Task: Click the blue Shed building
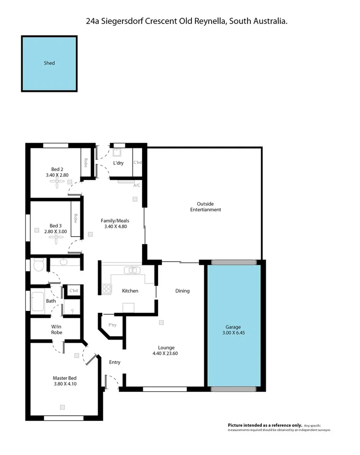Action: [x=49, y=63]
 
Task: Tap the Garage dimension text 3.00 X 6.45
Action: [x=234, y=332]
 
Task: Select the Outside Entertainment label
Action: [x=205, y=206]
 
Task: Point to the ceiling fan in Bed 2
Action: [x=57, y=187]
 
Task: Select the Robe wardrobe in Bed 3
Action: [x=76, y=218]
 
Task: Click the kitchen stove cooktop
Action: [x=106, y=289]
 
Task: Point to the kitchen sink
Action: [x=132, y=270]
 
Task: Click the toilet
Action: [x=39, y=264]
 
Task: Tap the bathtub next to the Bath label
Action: [x=37, y=301]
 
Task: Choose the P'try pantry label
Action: [x=112, y=325]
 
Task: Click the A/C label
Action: [x=136, y=185]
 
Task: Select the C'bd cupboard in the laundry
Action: [x=137, y=163]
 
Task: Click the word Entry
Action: [x=114, y=362]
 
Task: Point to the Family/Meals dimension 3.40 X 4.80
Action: [x=115, y=227]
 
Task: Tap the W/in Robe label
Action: [x=56, y=330]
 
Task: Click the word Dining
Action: [x=182, y=291]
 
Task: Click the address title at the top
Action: [x=185, y=21]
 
